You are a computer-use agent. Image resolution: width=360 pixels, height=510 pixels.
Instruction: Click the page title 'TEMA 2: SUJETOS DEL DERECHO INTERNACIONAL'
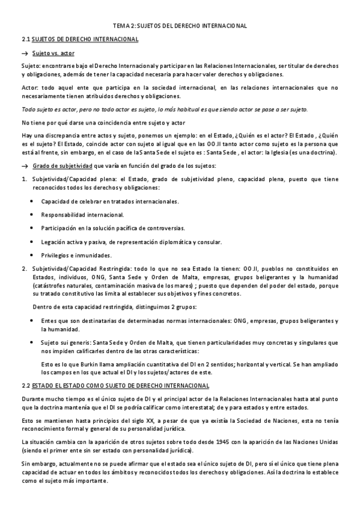point(180,26)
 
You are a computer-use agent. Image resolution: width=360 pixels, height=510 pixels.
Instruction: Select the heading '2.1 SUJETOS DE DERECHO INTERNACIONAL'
point(80,40)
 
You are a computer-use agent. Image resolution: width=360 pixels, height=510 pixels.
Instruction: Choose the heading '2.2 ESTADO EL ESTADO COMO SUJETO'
point(115,385)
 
